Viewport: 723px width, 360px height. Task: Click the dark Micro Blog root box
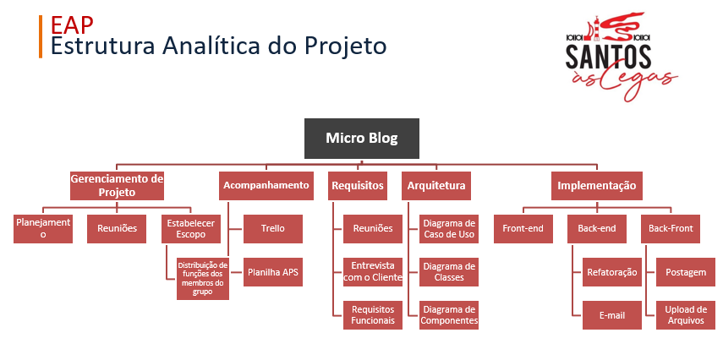(x=361, y=138)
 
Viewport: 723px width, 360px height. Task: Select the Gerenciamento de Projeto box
(x=116, y=185)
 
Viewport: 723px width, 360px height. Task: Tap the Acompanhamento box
(x=266, y=185)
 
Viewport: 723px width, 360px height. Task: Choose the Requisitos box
(x=358, y=185)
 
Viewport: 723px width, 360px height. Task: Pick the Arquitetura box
(x=436, y=185)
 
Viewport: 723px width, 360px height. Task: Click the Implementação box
(x=596, y=185)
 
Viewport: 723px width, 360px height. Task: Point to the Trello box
(x=272, y=228)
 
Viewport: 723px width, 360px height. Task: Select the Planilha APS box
(x=272, y=272)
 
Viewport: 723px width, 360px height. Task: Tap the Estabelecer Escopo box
(x=190, y=228)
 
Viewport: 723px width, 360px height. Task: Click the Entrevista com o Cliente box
(x=372, y=272)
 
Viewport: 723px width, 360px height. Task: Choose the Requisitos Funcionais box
(x=372, y=314)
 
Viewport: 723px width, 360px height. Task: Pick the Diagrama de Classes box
(x=449, y=272)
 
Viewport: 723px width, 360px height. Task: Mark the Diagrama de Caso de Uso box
(x=449, y=228)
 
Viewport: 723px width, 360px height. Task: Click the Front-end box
(x=523, y=228)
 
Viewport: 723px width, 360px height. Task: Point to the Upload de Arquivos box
(x=686, y=314)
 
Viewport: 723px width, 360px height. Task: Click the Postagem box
(x=686, y=272)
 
